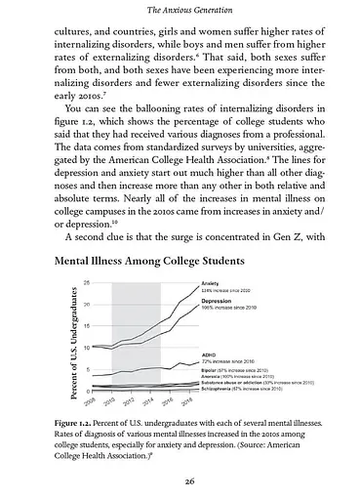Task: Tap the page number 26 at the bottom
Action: [180, 479]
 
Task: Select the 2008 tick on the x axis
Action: [92, 401]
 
